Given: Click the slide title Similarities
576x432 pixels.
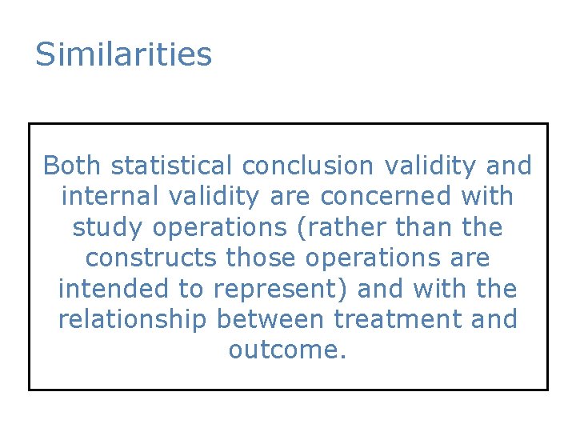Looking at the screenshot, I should click(x=123, y=54).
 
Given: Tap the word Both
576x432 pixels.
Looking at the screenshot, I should click(x=73, y=166).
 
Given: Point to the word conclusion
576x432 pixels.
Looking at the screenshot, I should click(x=308, y=166).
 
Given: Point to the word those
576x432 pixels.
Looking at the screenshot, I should click(x=262, y=258).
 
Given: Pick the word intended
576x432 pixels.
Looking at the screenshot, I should click(x=110, y=289).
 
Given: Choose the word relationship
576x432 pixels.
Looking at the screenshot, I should click(x=138, y=320).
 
